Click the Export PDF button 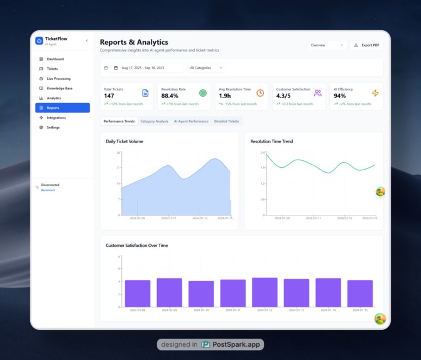tap(367, 45)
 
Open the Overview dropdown tap(327, 45)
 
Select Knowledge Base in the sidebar tap(60, 89)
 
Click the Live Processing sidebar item tap(58, 79)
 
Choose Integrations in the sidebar tap(56, 117)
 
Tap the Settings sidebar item tap(53, 128)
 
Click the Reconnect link tap(48, 190)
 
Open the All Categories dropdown tap(206, 68)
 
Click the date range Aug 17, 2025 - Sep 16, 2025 tap(143, 68)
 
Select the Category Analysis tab tap(154, 121)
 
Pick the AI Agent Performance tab tap(191, 121)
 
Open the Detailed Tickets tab tap(226, 121)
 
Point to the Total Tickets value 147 tap(109, 96)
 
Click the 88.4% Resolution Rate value tap(170, 96)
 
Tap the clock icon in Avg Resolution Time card tap(260, 93)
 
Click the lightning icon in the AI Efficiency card tap(375, 93)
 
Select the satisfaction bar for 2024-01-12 tap(265, 292)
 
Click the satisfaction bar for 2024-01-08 tap(138, 293)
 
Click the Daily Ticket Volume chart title tap(124, 141)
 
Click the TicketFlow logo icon tap(40, 41)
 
